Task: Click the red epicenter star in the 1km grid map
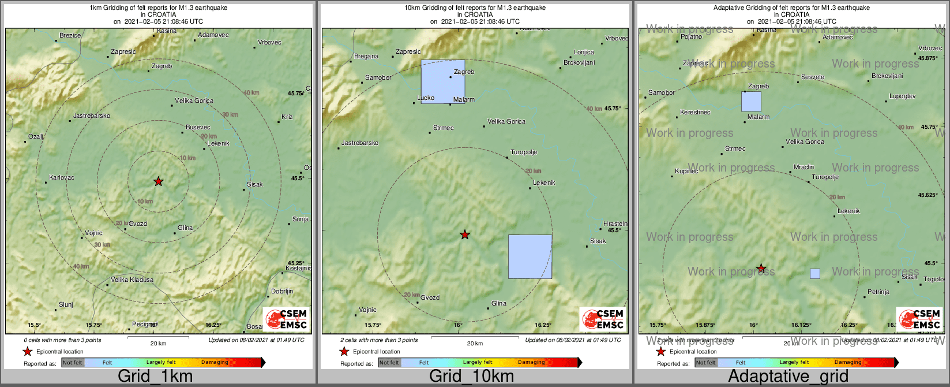[x=159, y=181]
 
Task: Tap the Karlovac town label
[x=62, y=177]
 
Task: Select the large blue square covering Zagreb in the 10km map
[x=443, y=81]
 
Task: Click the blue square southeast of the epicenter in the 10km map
[x=530, y=256]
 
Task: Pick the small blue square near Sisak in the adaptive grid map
[x=815, y=274]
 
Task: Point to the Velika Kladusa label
[x=132, y=280]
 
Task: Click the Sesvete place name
[x=813, y=77]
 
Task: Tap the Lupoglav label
[x=902, y=96]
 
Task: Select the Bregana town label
[x=366, y=56]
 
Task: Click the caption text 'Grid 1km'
[x=155, y=377]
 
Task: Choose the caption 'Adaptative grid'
[x=788, y=377]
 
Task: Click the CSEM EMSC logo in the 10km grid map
[x=603, y=319]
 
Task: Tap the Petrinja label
[x=878, y=292]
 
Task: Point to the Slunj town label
[x=66, y=304]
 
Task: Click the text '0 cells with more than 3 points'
[x=62, y=340]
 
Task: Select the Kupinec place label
[x=686, y=172]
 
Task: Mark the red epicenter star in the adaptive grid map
[x=761, y=269]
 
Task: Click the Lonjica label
[x=584, y=52]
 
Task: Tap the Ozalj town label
[x=36, y=136]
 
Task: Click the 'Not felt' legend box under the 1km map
[x=73, y=363]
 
